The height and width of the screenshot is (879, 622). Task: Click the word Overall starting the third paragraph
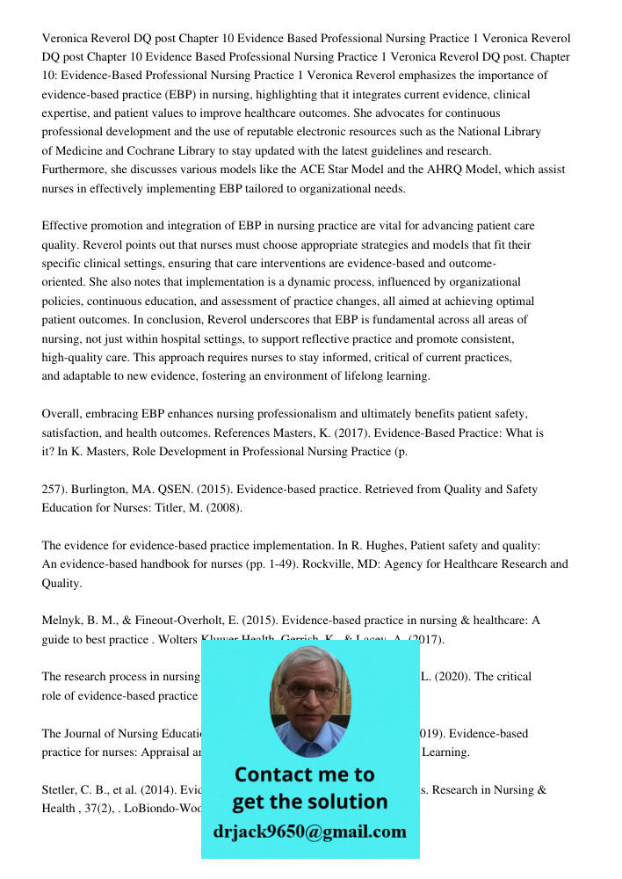pos(62,414)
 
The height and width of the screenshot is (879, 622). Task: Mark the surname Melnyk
pos(61,621)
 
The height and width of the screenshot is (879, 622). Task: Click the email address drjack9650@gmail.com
pos(310,832)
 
